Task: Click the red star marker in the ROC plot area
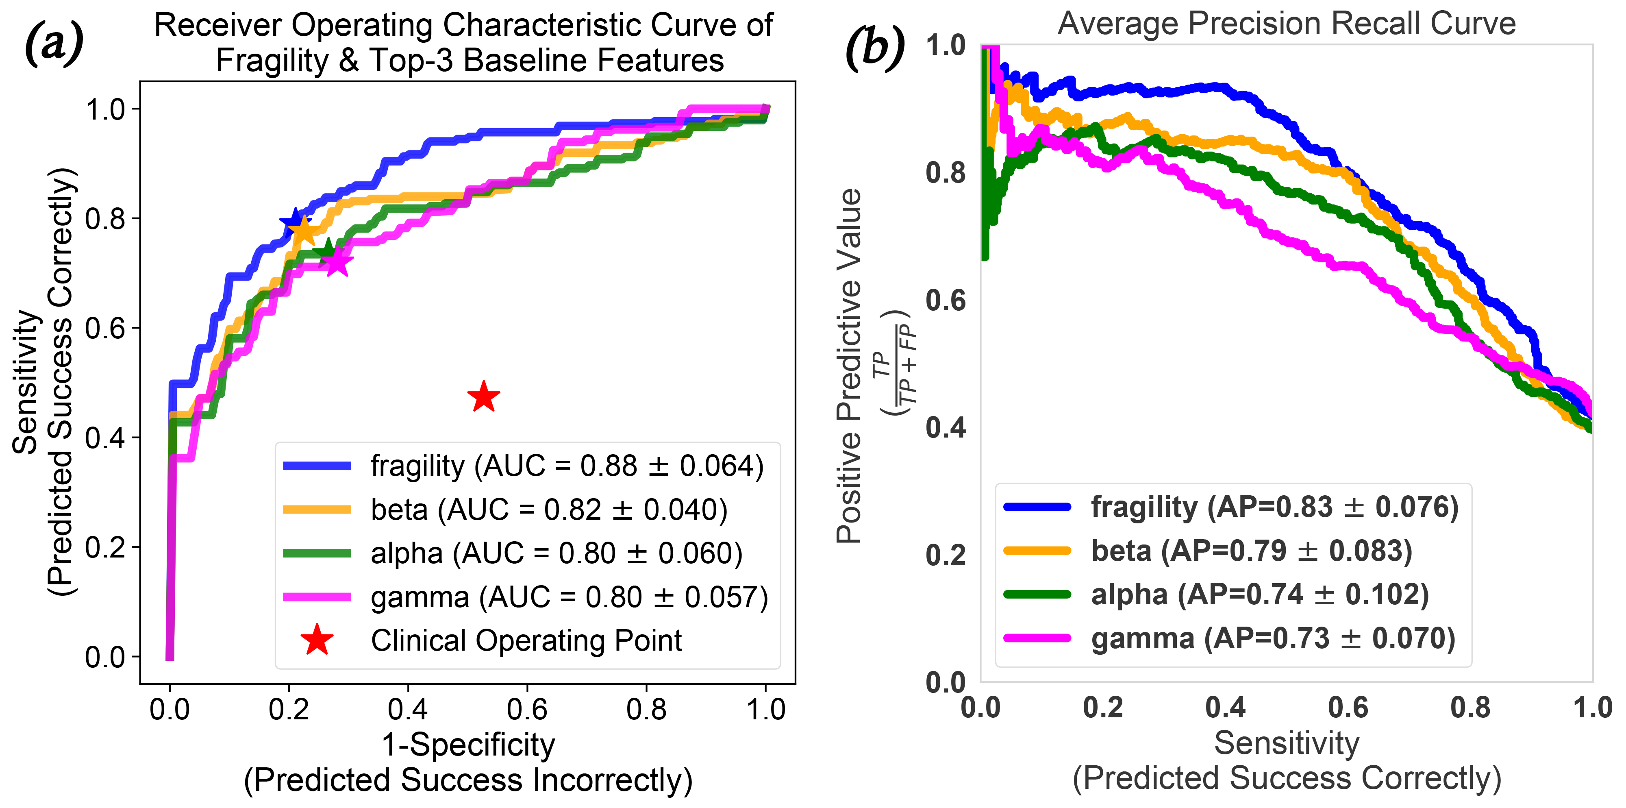(483, 397)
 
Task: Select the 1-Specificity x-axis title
(468, 745)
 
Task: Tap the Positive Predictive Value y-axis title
(850, 366)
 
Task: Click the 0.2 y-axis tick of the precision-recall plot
(946, 555)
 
